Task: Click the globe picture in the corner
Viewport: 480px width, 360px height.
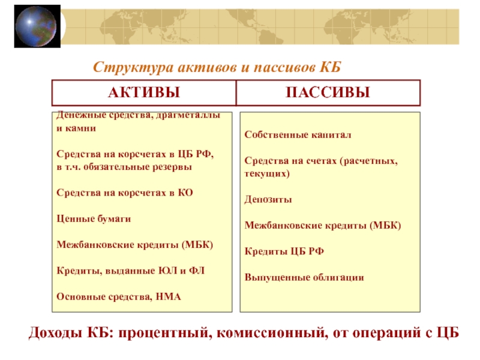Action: (x=37, y=26)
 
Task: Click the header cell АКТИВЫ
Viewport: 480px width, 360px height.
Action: (x=144, y=93)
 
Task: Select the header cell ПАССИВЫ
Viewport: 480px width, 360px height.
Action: (x=328, y=93)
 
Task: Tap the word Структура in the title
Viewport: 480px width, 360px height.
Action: (x=133, y=67)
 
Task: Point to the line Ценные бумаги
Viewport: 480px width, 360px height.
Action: (x=94, y=218)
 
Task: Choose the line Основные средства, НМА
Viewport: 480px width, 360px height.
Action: (x=119, y=296)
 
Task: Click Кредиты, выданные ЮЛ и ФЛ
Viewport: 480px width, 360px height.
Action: (x=131, y=271)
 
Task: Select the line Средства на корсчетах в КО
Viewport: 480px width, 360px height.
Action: (x=125, y=193)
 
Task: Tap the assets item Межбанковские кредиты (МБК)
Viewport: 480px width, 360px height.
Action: (x=134, y=245)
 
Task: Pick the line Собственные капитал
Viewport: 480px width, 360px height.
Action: (x=298, y=134)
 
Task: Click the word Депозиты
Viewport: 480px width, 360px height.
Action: (x=268, y=199)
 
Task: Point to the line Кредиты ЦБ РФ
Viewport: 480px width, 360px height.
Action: (x=284, y=251)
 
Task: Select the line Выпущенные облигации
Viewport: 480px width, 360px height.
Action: (x=304, y=277)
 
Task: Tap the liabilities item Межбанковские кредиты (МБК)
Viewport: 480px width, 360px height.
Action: (x=323, y=226)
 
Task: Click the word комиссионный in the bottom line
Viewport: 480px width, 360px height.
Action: (x=271, y=333)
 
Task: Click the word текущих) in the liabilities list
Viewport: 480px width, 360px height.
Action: (x=267, y=174)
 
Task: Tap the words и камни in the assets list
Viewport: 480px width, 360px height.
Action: (x=76, y=128)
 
